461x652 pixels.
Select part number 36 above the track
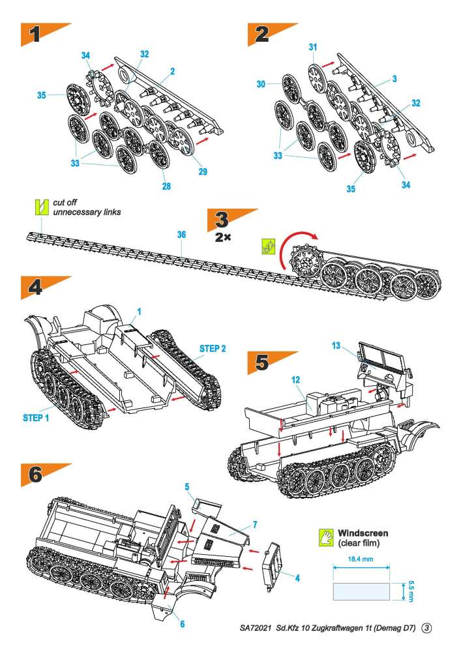pyautogui.click(x=181, y=235)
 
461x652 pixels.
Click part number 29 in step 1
pyautogui.click(x=203, y=171)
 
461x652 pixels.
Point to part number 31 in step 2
pyautogui.click(x=313, y=48)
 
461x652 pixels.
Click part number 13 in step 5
pyautogui.click(x=336, y=345)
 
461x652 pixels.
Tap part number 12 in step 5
pyautogui.click(x=295, y=379)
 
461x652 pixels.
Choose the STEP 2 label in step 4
pyautogui.click(x=213, y=348)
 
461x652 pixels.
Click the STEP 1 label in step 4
pyautogui.click(x=36, y=417)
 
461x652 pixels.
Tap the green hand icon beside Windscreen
pyautogui.click(x=326, y=538)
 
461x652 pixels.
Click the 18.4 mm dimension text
pyautogui.click(x=361, y=559)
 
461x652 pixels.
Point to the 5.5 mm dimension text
pyautogui.click(x=410, y=591)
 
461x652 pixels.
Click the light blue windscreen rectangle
pyautogui.click(x=361, y=591)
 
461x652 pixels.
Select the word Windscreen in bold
pyautogui.click(x=363, y=533)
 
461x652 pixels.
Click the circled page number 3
pyautogui.click(x=426, y=628)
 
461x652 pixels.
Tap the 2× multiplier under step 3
pyautogui.click(x=223, y=238)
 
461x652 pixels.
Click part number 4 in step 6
pyautogui.click(x=297, y=578)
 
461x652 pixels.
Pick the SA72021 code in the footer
pyautogui.click(x=255, y=628)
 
